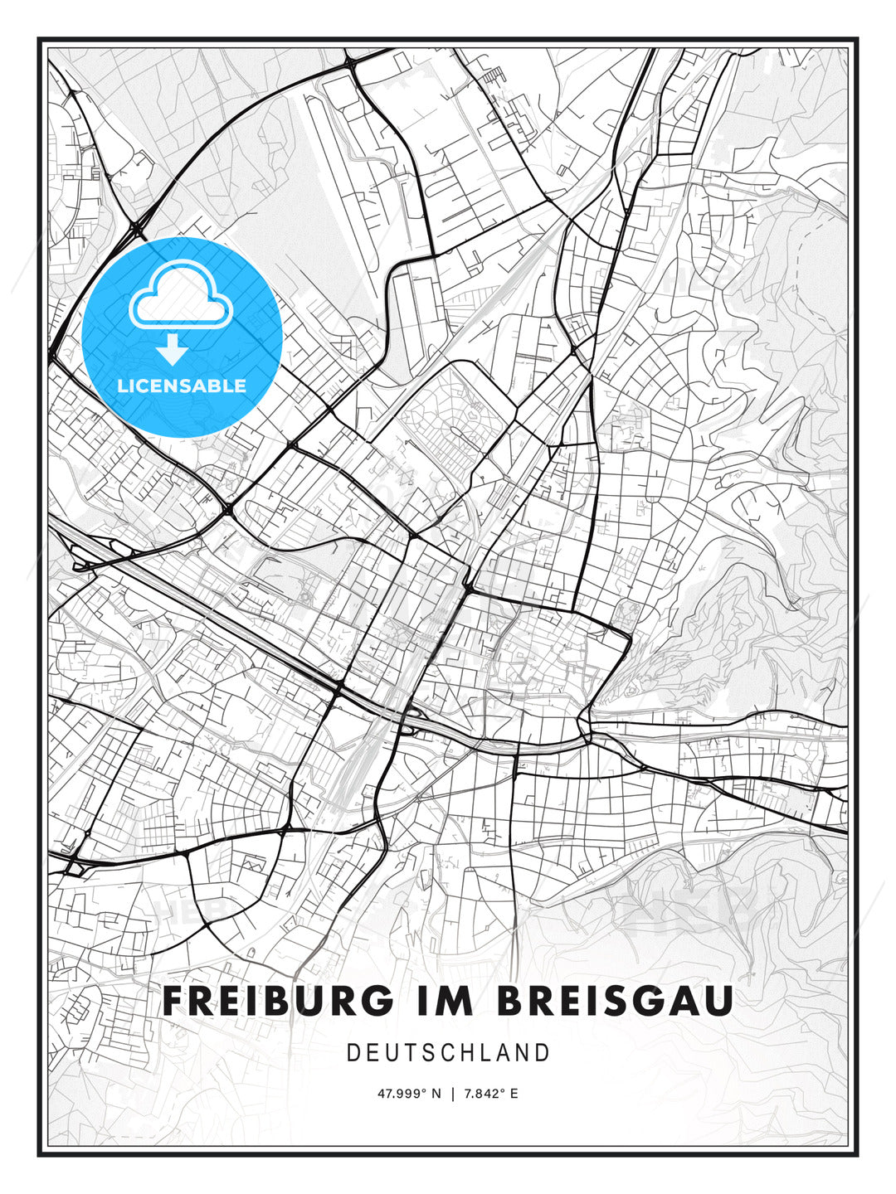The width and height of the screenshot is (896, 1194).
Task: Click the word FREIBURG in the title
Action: (x=278, y=1001)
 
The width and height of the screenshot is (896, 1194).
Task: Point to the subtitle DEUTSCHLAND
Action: (x=448, y=1053)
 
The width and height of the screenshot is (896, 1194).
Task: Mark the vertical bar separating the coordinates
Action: (x=452, y=1094)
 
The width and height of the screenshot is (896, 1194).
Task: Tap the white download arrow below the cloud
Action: (x=173, y=350)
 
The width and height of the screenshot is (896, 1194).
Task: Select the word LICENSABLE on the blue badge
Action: (x=182, y=386)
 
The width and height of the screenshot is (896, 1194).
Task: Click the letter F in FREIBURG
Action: (x=174, y=1001)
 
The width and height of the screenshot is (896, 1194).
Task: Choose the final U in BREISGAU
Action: (x=718, y=1001)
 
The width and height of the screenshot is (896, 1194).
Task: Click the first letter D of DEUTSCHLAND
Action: (x=353, y=1053)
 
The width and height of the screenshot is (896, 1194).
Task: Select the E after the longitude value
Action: (x=514, y=1094)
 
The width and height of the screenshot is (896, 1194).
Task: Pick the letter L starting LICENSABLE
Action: (x=122, y=386)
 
